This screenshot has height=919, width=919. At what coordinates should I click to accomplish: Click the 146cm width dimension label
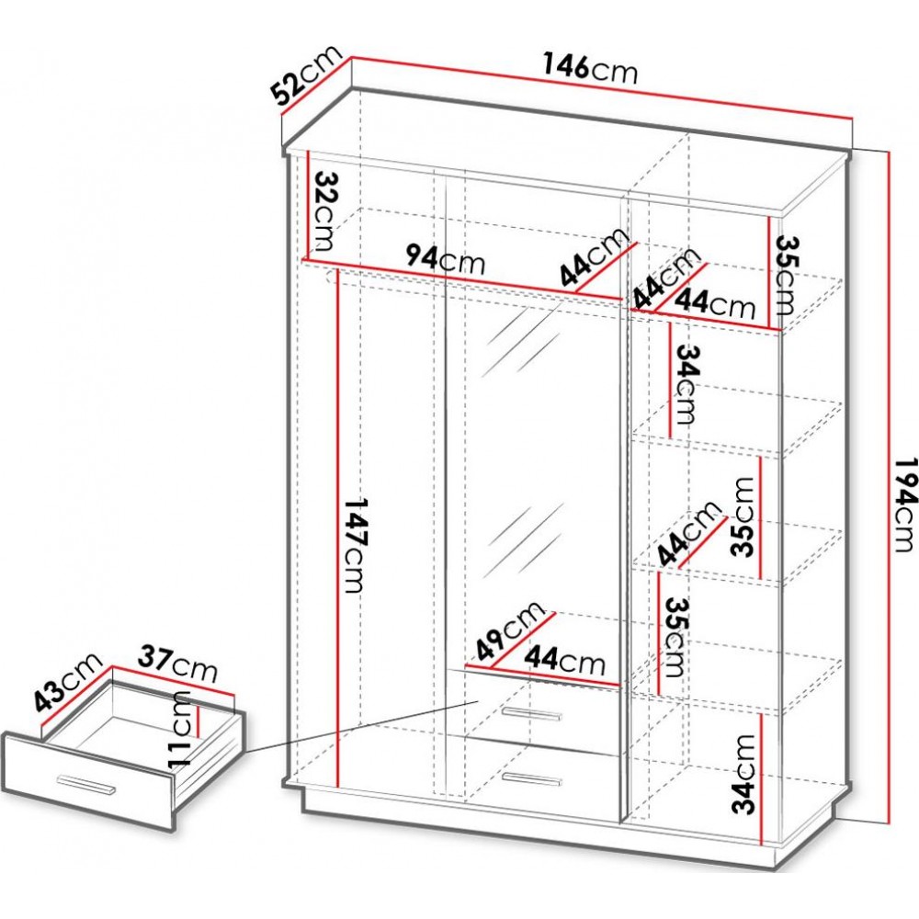point(590,69)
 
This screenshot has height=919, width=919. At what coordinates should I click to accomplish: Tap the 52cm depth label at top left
point(306,75)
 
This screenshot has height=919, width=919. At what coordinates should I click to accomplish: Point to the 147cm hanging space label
point(354,545)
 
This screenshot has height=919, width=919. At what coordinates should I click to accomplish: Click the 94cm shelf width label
point(446,259)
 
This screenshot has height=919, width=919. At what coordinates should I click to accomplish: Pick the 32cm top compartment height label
point(324,211)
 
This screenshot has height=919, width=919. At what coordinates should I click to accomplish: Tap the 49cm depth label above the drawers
point(510,630)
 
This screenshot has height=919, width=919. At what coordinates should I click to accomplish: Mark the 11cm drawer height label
point(178,729)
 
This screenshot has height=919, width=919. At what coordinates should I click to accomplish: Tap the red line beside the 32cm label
point(309,205)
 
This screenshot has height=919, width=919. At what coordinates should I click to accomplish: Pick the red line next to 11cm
point(199,721)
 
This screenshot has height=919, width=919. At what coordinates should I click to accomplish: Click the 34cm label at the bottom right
point(743,774)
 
